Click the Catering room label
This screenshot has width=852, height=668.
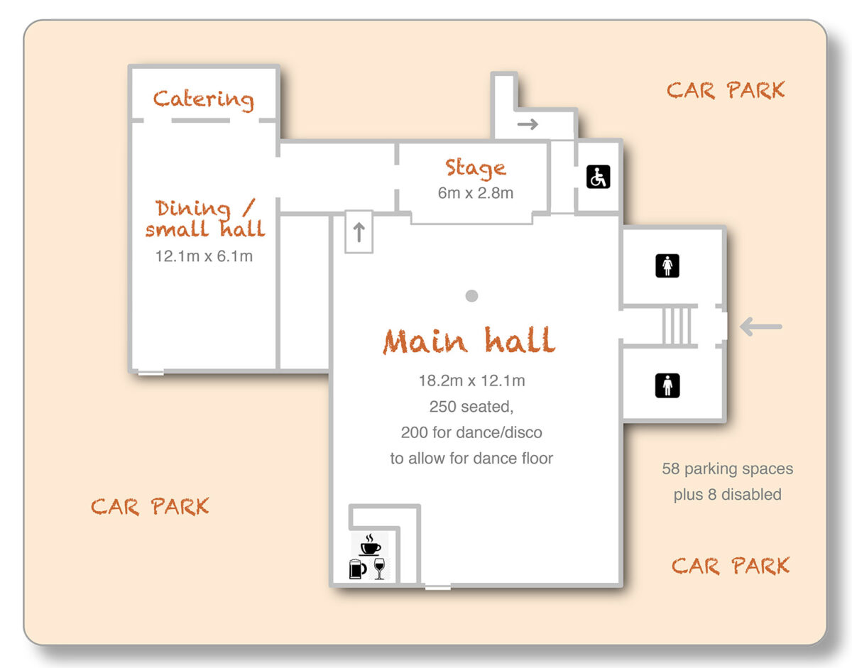[x=203, y=99]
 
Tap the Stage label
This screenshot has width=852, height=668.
[x=475, y=168]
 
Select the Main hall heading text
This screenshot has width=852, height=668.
[x=469, y=341]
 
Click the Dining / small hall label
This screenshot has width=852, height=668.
[x=205, y=219]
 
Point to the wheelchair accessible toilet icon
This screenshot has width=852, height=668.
[x=598, y=177]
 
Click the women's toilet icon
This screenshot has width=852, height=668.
[x=667, y=266]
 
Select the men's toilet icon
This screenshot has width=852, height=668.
[x=667, y=385]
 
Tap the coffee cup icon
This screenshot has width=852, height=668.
[x=369, y=545]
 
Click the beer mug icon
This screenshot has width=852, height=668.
[x=356, y=569]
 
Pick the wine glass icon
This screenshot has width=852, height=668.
[x=378, y=568]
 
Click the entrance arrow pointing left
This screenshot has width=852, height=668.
[x=760, y=327]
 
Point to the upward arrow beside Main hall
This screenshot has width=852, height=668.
[x=359, y=231]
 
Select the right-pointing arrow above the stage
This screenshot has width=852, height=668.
[x=528, y=125]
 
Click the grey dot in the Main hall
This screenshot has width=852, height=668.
[x=471, y=296]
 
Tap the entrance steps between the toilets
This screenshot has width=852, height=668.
[x=677, y=327]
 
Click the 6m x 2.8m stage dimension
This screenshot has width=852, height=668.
[x=475, y=193]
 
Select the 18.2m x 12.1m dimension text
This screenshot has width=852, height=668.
[x=471, y=381]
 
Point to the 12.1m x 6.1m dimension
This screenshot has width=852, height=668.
[x=204, y=256]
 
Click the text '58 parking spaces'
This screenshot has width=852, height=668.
[x=727, y=469]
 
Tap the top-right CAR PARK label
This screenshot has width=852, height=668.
[x=726, y=91]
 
